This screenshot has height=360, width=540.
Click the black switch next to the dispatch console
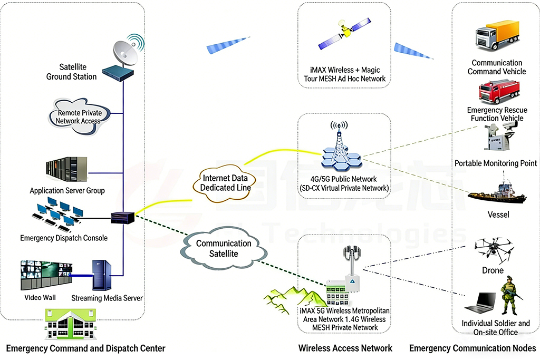[123, 216]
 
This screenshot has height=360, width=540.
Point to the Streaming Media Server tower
[101, 275]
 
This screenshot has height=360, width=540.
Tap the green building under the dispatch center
[71, 324]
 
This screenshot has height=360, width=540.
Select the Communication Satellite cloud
[224, 248]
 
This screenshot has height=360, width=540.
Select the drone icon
[493, 248]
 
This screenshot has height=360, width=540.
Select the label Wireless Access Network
[345, 348]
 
